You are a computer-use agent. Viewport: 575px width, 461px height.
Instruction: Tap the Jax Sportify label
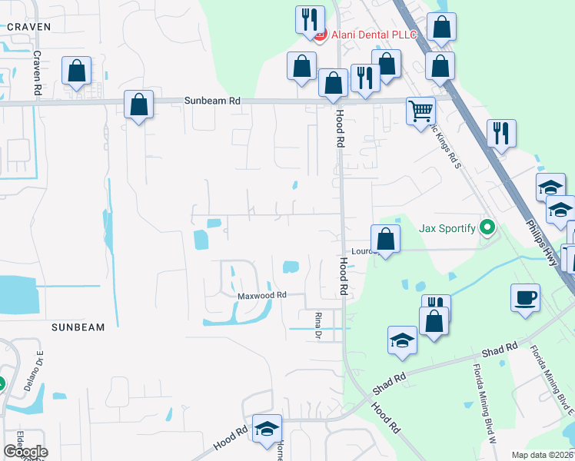point(447,228)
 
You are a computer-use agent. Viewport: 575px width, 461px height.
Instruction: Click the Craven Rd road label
point(37,74)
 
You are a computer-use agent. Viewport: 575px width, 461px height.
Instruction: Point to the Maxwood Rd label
point(261,295)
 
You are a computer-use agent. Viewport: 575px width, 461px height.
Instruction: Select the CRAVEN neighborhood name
point(28,27)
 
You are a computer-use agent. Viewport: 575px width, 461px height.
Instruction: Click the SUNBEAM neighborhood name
point(78,327)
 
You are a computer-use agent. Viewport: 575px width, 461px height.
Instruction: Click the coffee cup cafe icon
point(525,297)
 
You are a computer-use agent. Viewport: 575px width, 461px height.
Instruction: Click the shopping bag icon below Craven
point(77,71)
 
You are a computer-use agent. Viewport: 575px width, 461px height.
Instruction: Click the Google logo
point(25,452)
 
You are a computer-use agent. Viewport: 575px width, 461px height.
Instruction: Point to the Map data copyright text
point(543,455)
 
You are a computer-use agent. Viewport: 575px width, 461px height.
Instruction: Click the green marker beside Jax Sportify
point(486,227)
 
